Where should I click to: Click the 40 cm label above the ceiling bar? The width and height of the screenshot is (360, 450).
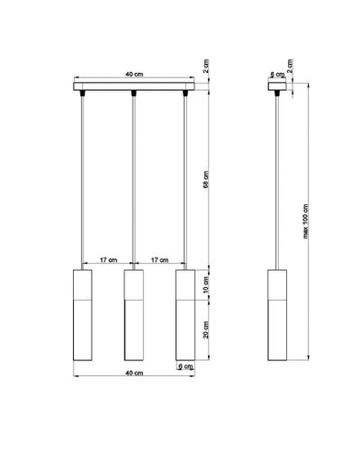(x=134, y=74)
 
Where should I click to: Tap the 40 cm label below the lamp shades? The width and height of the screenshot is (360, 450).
(x=134, y=373)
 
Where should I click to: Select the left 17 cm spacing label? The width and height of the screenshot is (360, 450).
(x=109, y=260)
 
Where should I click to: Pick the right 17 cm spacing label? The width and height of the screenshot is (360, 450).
(x=159, y=260)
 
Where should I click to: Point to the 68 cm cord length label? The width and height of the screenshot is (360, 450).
(x=206, y=180)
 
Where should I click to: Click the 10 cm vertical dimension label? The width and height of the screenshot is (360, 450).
(x=206, y=285)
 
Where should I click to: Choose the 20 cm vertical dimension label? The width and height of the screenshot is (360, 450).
(x=206, y=329)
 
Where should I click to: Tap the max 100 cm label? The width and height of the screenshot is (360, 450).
(x=305, y=221)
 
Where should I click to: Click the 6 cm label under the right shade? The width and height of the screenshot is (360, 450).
(x=186, y=366)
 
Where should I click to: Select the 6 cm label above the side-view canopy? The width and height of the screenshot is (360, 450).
(x=278, y=75)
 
